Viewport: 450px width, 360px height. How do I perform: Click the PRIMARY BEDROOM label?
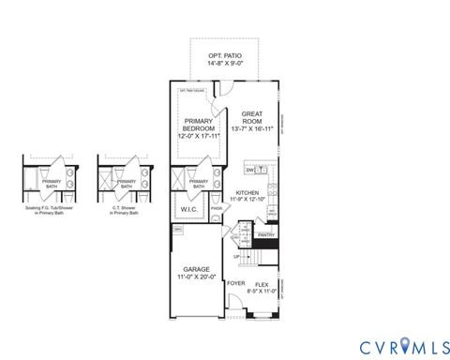click(198, 124)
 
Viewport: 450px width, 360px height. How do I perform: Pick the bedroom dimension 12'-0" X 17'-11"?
click(199, 137)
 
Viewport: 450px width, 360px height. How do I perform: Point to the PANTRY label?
click(265, 236)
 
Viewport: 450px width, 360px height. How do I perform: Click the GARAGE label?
click(197, 268)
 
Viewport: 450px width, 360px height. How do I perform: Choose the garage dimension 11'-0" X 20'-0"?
click(197, 277)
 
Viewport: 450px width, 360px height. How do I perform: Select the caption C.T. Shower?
click(124, 209)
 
